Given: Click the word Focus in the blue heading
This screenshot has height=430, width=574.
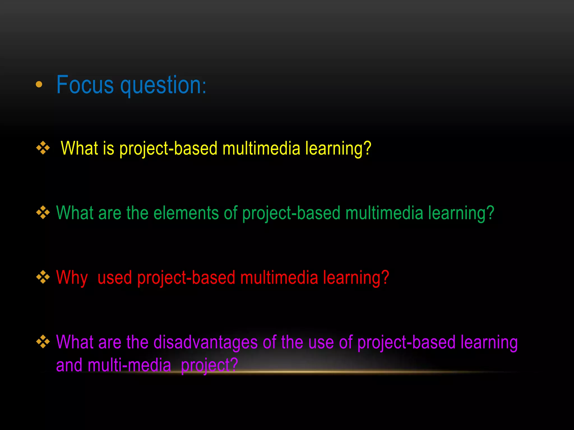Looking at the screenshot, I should coord(85,85).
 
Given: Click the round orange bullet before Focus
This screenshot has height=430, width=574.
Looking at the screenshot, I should coord(39,84).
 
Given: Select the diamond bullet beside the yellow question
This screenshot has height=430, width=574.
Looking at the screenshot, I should coord(43,148).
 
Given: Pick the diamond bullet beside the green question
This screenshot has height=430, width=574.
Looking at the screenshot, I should coord(43,212).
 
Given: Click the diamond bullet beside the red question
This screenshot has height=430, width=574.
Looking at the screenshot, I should coord(43,277).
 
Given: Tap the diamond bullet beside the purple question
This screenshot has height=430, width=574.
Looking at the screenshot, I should coord(43,342).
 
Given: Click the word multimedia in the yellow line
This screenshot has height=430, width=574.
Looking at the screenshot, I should coord(261,148).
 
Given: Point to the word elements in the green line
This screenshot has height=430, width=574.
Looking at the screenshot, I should coord(186,213).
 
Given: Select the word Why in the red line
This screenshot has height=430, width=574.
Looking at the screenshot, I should coord(72,278).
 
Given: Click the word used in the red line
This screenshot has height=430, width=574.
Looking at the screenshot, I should coord(115,278).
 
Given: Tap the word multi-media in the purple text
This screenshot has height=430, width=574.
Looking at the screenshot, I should coord(129,365).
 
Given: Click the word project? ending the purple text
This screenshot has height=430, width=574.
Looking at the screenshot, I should coord(209,365).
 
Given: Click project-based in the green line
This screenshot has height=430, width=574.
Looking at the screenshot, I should coord(291,213).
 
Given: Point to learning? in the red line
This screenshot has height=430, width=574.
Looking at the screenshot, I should coord(356,278).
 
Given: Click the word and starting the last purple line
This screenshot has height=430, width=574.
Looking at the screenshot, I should coord(69,365).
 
